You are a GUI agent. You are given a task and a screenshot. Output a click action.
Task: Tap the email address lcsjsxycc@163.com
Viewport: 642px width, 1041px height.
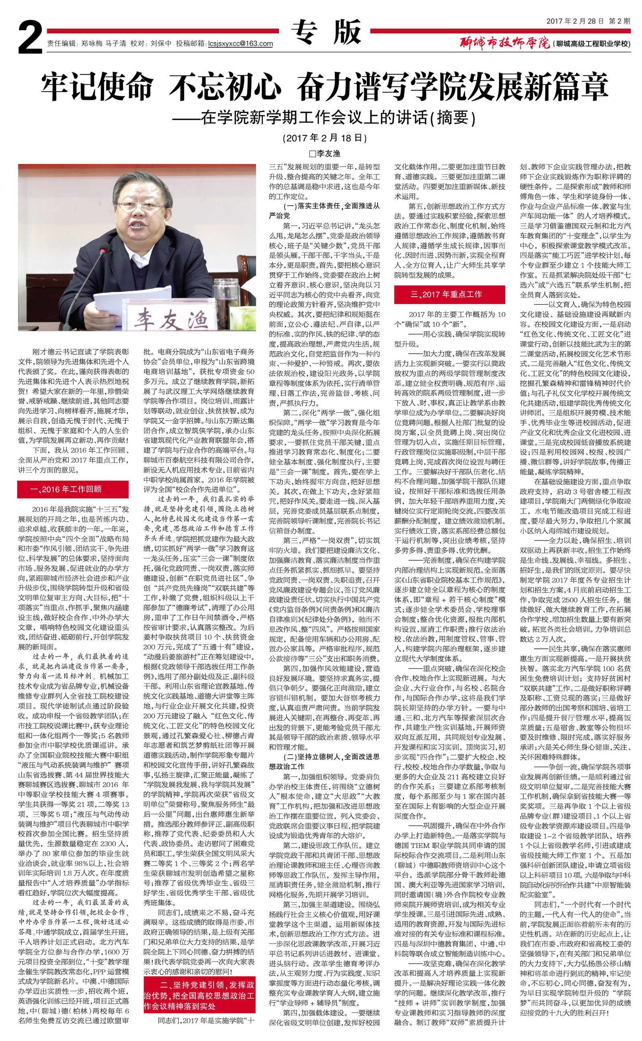[240, 43]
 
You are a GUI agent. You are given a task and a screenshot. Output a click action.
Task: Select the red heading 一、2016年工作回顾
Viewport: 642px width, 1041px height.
[73, 489]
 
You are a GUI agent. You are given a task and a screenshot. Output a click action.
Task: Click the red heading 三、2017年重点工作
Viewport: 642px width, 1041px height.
[449, 294]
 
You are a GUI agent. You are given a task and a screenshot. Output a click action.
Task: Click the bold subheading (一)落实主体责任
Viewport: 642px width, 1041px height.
[325, 210]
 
